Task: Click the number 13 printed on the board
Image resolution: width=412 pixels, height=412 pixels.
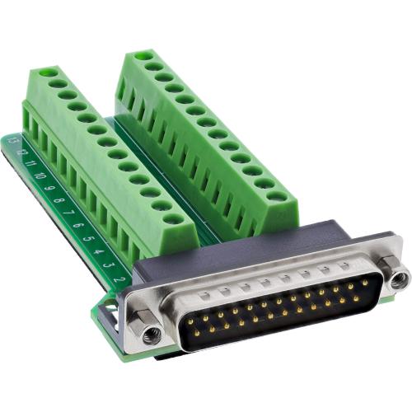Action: tap(13, 142)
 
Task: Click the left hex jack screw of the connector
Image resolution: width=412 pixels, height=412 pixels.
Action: tap(150, 334)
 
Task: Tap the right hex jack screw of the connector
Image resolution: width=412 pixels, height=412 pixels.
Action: tap(399, 279)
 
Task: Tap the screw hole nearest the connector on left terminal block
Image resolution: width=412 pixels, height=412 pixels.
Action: tap(172, 219)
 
